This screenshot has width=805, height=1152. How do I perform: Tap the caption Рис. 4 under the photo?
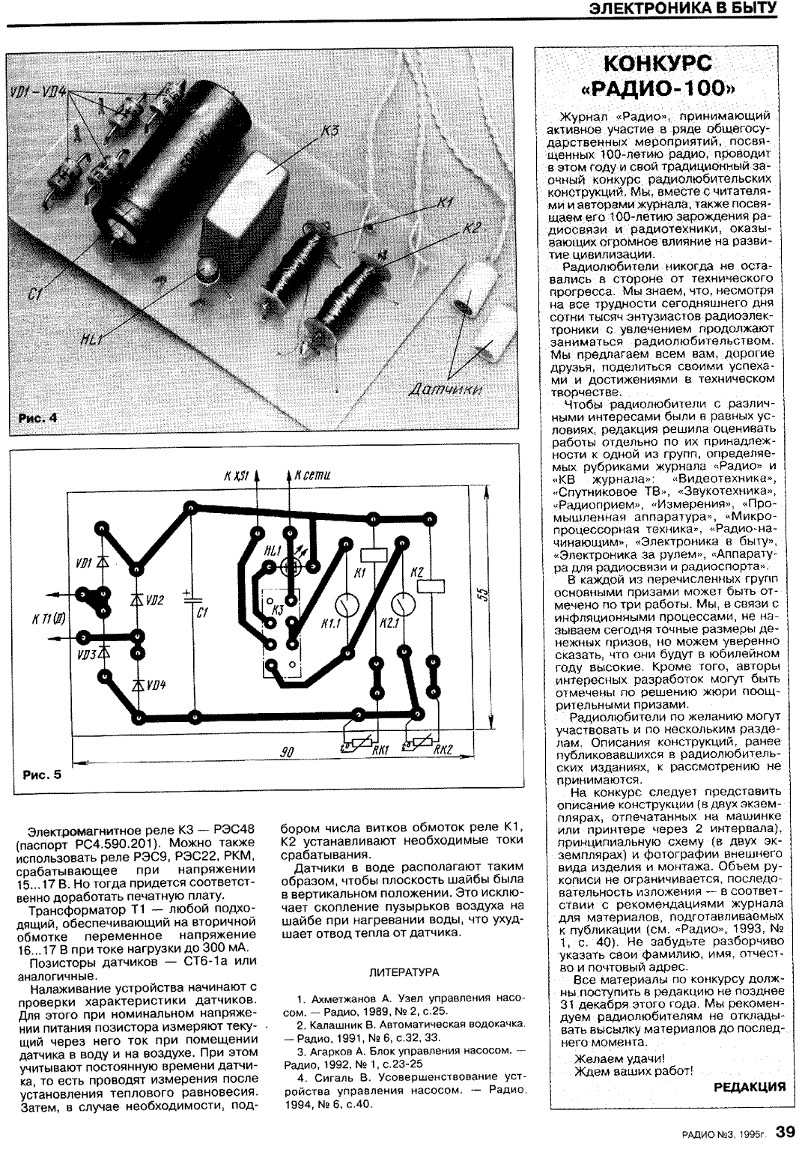pos(37,418)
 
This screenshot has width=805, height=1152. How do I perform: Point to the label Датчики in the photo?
pos(446,389)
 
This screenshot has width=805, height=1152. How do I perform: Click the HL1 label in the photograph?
pos(91,341)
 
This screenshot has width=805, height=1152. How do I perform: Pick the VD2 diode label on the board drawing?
pos(155,600)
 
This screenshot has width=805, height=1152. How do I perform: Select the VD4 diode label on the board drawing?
pos(156,685)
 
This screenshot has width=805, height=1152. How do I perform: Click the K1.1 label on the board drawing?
pos(330,622)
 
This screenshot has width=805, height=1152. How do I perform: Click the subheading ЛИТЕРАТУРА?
pos(404,972)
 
